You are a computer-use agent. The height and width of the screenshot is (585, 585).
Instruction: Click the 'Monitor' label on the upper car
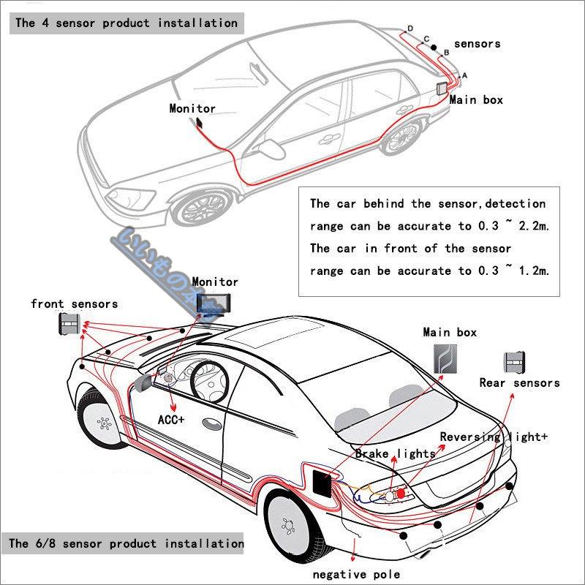click(x=192, y=108)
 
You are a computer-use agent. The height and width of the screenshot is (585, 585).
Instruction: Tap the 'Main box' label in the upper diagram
click(x=476, y=99)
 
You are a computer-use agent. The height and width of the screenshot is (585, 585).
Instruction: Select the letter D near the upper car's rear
click(x=410, y=29)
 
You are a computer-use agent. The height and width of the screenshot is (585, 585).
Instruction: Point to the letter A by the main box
click(x=464, y=75)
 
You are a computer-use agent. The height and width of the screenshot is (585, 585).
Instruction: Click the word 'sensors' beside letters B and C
click(x=477, y=44)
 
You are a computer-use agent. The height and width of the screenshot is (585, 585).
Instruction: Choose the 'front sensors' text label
click(x=74, y=303)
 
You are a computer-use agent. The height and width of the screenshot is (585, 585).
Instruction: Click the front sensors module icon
click(x=69, y=323)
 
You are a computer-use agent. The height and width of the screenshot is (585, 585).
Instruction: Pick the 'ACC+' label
click(x=172, y=420)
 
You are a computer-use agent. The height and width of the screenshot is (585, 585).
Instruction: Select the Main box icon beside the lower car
click(x=442, y=358)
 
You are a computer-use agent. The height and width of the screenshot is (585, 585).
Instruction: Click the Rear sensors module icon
click(x=514, y=363)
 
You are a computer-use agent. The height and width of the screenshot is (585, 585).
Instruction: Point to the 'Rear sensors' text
click(x=519, y=382)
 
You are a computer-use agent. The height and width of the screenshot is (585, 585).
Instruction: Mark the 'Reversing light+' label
click(x=494, y=437)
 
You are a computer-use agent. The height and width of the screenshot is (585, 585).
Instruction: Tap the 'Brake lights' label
click(x=395, y=454)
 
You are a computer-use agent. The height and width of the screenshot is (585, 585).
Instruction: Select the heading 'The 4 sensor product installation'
click(x=127, y=23)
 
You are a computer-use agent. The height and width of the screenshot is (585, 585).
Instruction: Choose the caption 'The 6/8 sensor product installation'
click(x=127, y=543)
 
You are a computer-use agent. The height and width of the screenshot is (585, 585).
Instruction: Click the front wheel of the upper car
click(x=203, y=208)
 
